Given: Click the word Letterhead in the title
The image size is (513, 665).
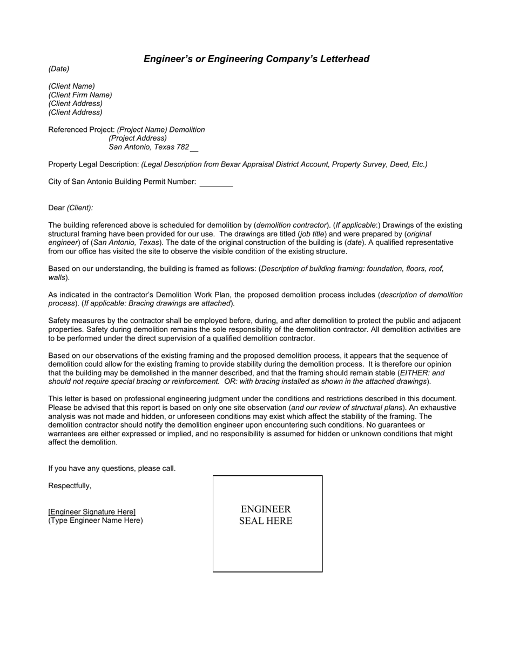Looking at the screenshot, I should click(x=343, y=59).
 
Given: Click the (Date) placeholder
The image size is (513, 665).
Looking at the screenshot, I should click(x=59, y=69).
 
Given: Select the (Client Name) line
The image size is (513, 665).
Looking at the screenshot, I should click(x=72, y=86).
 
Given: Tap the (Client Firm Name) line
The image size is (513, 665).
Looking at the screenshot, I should click(x=80, y=95).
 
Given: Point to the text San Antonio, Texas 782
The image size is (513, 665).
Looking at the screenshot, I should click(x=149, y=147).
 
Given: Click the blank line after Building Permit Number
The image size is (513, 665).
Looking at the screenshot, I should click(x=216, y=183).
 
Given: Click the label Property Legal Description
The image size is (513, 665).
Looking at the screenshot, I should click(x=93, y=164).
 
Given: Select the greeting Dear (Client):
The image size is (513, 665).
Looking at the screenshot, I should click(x=71, y=208).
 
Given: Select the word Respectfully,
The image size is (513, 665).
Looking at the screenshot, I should click(x=70, y=486).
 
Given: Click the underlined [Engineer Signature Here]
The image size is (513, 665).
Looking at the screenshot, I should click(x=92, y=511).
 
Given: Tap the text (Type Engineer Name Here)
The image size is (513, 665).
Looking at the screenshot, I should click(x=96, y=521).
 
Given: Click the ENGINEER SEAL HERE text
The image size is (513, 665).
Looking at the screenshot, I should click(x=266, y=515).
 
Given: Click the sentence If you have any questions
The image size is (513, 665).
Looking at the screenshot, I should click(x=112, y=468).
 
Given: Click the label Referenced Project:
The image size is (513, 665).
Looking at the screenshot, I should click(x=82, y=130).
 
